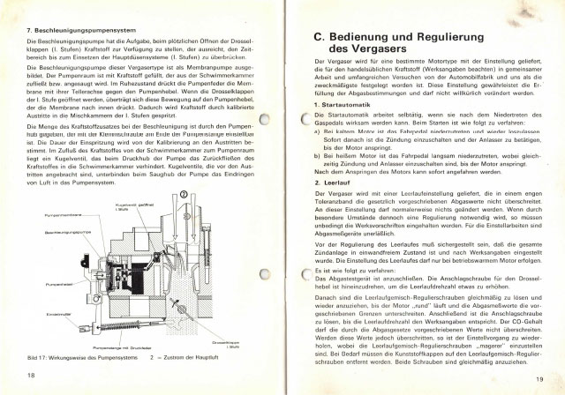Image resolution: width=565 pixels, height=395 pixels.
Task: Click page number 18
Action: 30,375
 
